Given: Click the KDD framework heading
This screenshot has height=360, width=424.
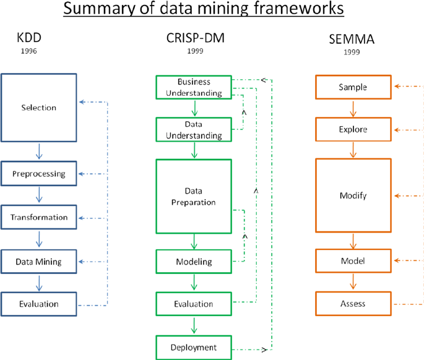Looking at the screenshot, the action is coord(29,38).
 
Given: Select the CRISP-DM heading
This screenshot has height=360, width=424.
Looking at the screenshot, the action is coord(195,38).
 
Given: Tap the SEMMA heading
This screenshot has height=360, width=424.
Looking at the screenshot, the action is coord(352,39).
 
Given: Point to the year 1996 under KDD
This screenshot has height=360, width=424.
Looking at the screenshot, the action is coord(29,51).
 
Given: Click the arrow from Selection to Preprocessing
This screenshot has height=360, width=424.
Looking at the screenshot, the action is coord(39,152).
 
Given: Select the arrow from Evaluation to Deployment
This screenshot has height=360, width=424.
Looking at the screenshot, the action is coord(194,325).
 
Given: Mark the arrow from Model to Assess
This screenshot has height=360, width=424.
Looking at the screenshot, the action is coord(353,281).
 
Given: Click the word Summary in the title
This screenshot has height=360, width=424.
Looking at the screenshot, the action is coord(99,8).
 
